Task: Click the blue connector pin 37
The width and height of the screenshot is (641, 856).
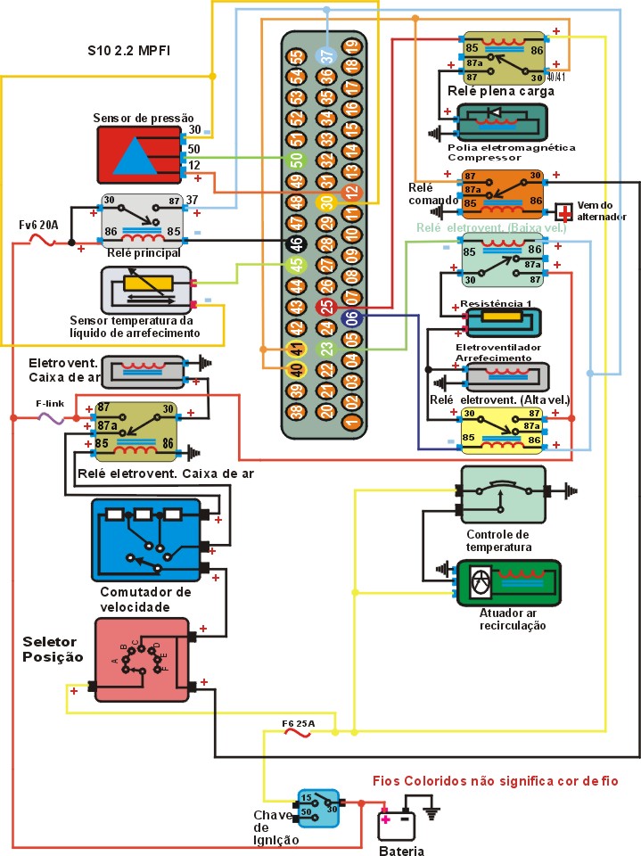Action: pos(326,53)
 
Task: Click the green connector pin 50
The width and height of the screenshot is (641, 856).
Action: pos(296,161)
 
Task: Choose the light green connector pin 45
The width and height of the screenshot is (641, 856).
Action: pos(296,265)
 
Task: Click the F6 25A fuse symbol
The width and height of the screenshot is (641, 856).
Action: pos(298,734)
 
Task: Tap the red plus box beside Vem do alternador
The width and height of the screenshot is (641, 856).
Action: pos(563,211)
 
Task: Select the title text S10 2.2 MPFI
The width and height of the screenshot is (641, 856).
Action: pos(129,51)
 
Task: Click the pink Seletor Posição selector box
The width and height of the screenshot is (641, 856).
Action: pos(142,660)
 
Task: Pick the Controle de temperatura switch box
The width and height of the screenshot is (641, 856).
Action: pos(503,494)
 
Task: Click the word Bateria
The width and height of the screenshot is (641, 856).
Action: pos(401,850)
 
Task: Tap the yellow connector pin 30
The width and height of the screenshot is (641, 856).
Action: pos(326,202)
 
